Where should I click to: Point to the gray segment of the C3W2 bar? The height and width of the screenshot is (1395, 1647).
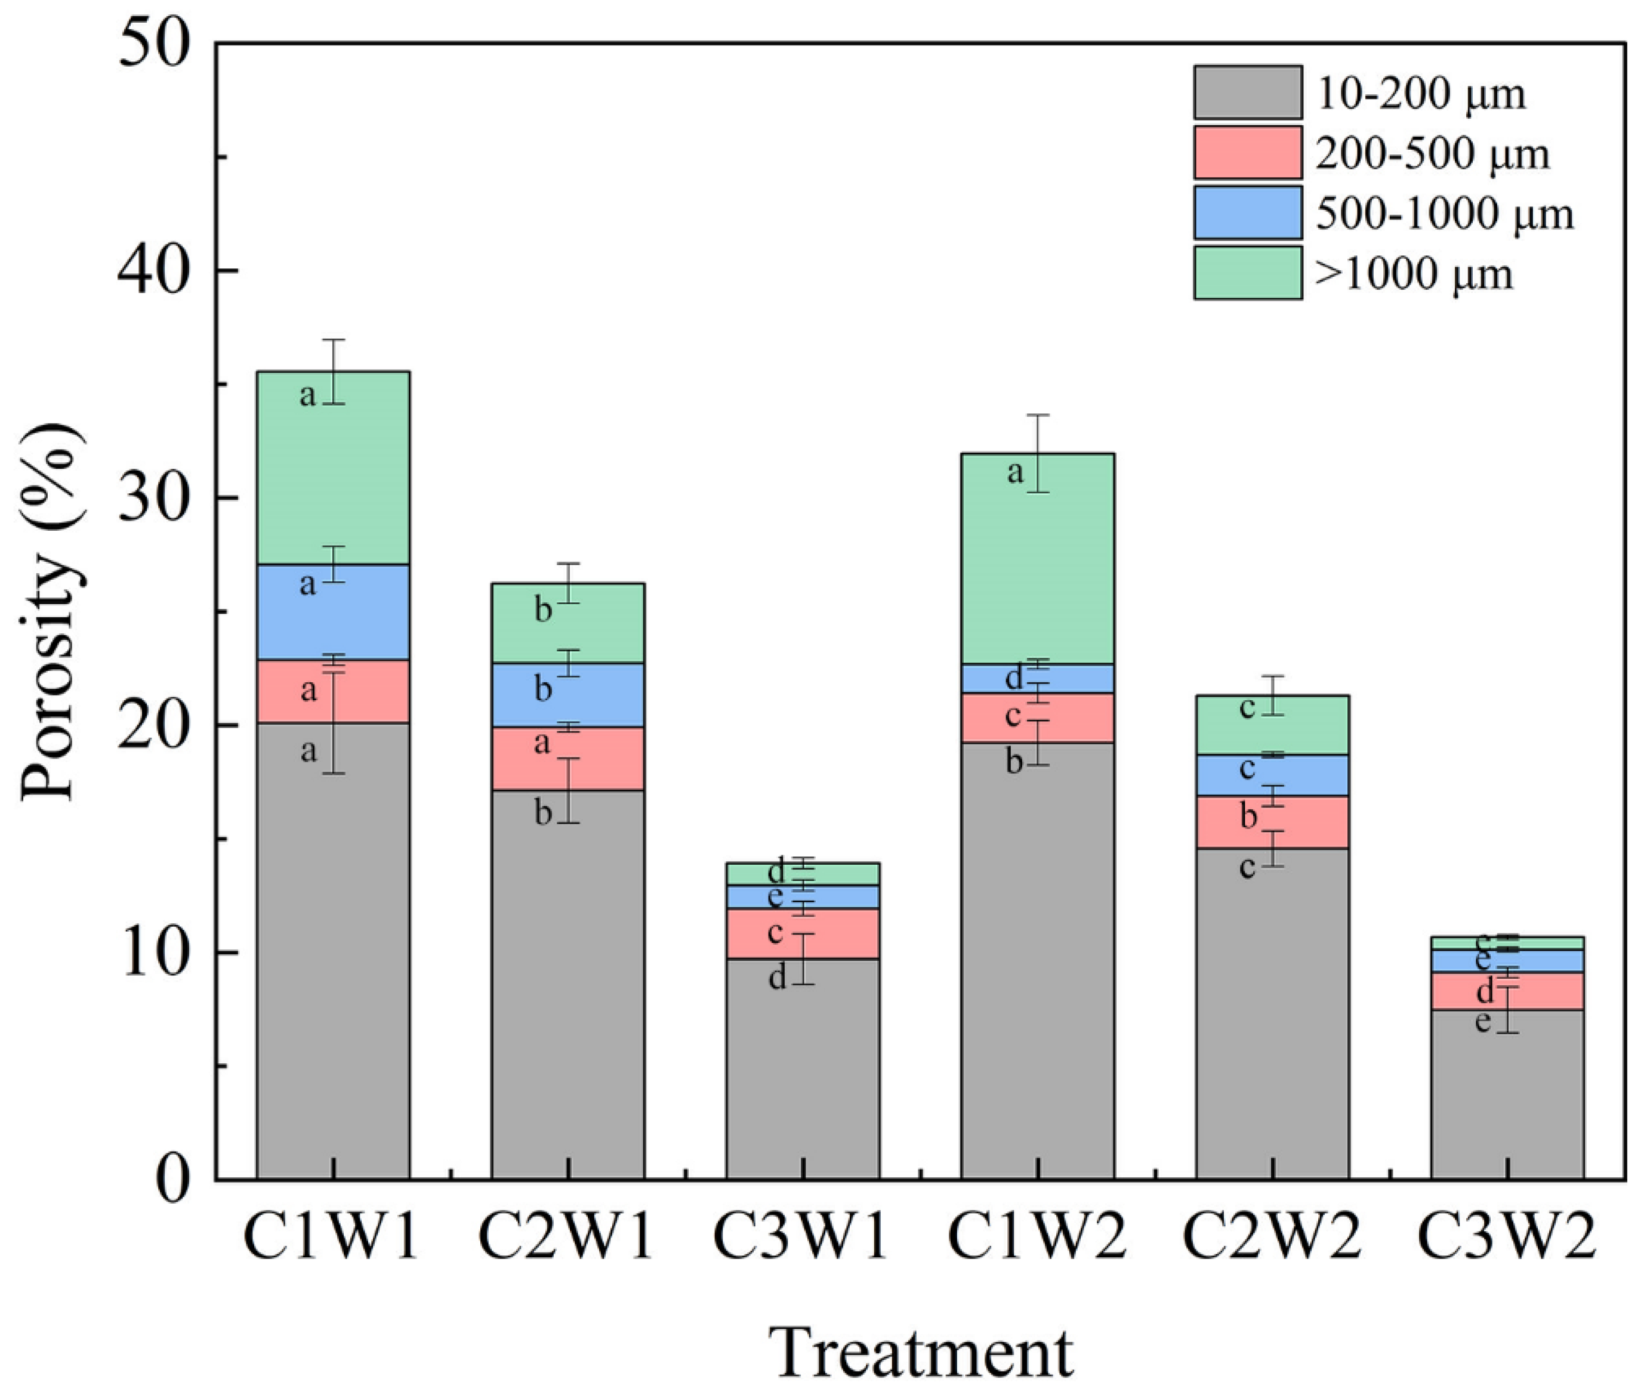point(1506,1107)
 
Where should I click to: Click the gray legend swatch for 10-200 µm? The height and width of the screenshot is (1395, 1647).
point(1248,92)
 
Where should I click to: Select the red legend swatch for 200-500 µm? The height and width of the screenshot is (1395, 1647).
point(1248,153)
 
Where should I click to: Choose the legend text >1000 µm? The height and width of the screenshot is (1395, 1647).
point(1414,274)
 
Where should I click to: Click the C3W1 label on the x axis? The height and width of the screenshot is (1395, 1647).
point(801,1238)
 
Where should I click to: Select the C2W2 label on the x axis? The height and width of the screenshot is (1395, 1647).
point(1271,1238)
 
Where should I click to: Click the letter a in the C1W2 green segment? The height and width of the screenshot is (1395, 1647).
point(1015,473)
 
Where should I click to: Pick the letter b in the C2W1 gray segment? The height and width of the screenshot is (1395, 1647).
point(542,812)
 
